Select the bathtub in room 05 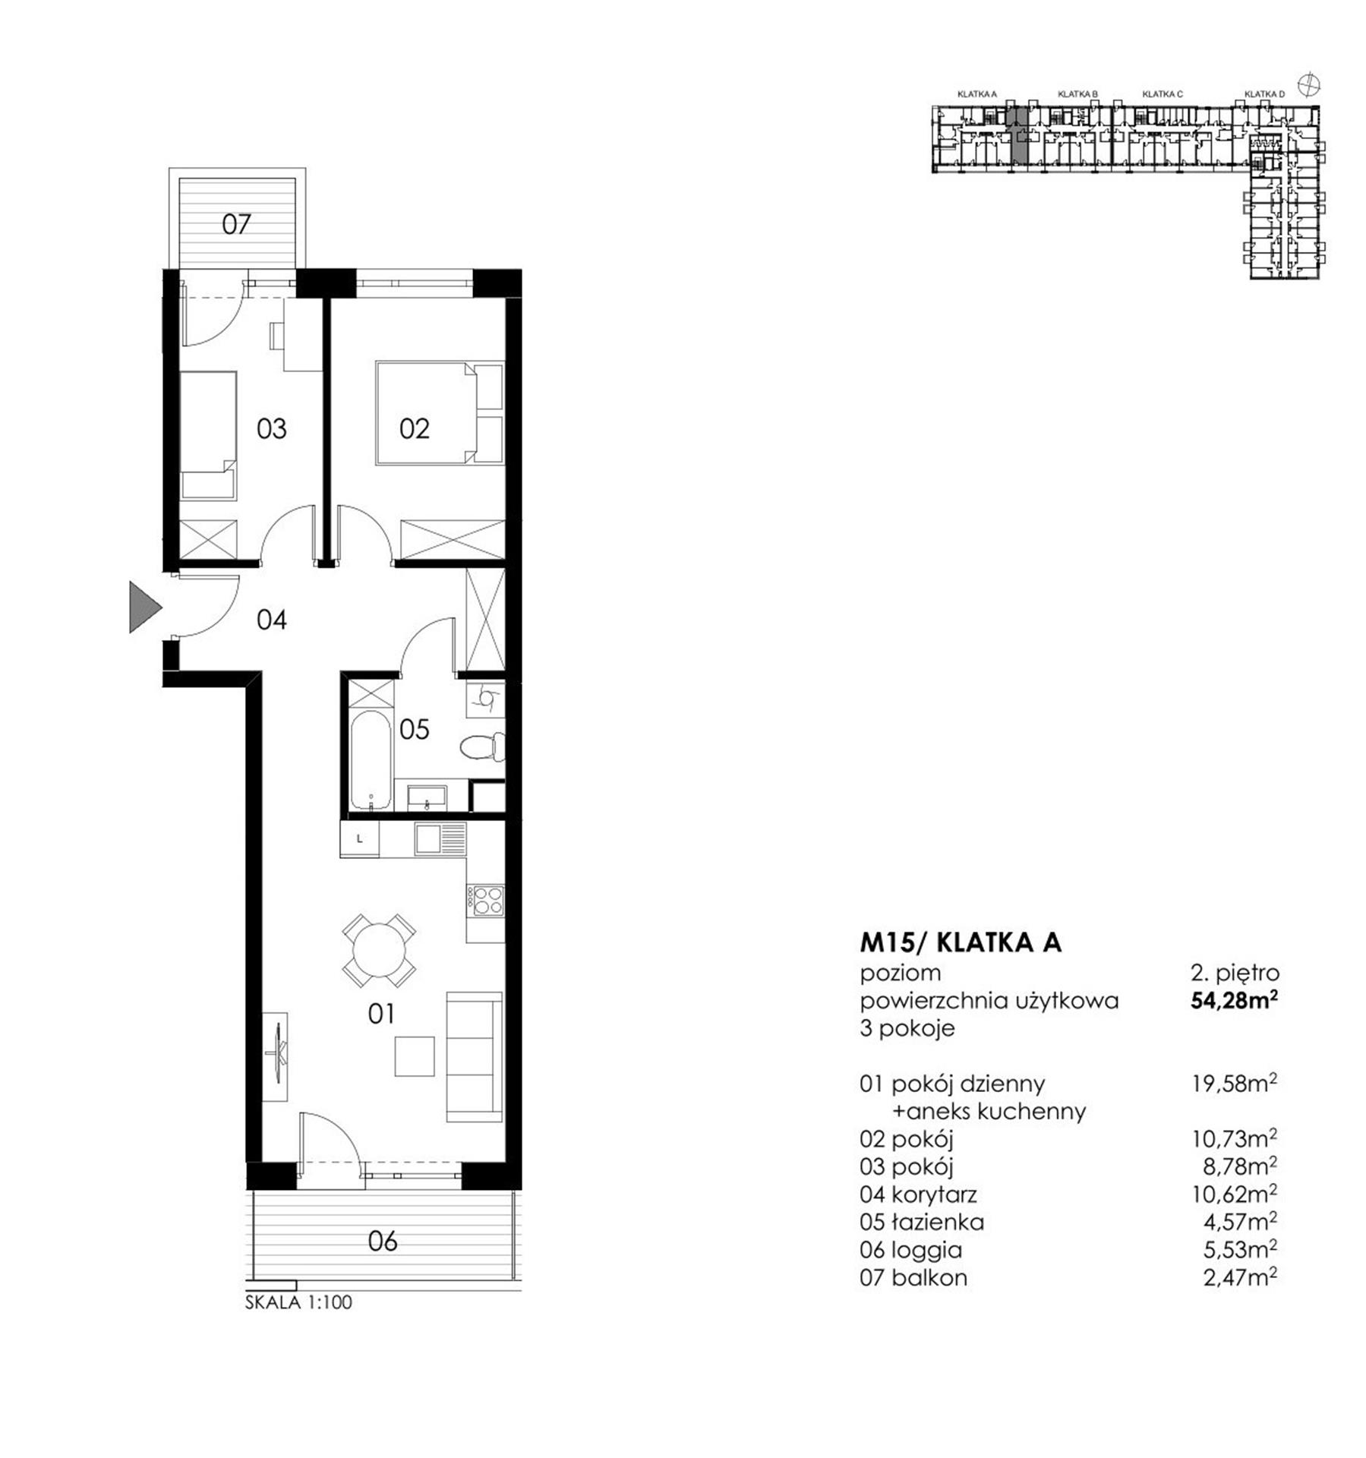click(371, 761)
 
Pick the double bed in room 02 click(440, 412)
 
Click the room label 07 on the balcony click(236, 224)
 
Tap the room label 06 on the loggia click(383, 1242)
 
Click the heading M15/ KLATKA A click(961, 942)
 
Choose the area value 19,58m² click(1235, 1084)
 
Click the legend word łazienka click(938, 1222)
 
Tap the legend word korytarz click(934, 1194)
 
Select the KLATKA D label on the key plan click(1264, 94)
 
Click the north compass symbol click(1309, 84)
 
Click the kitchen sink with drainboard click(440, 840)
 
